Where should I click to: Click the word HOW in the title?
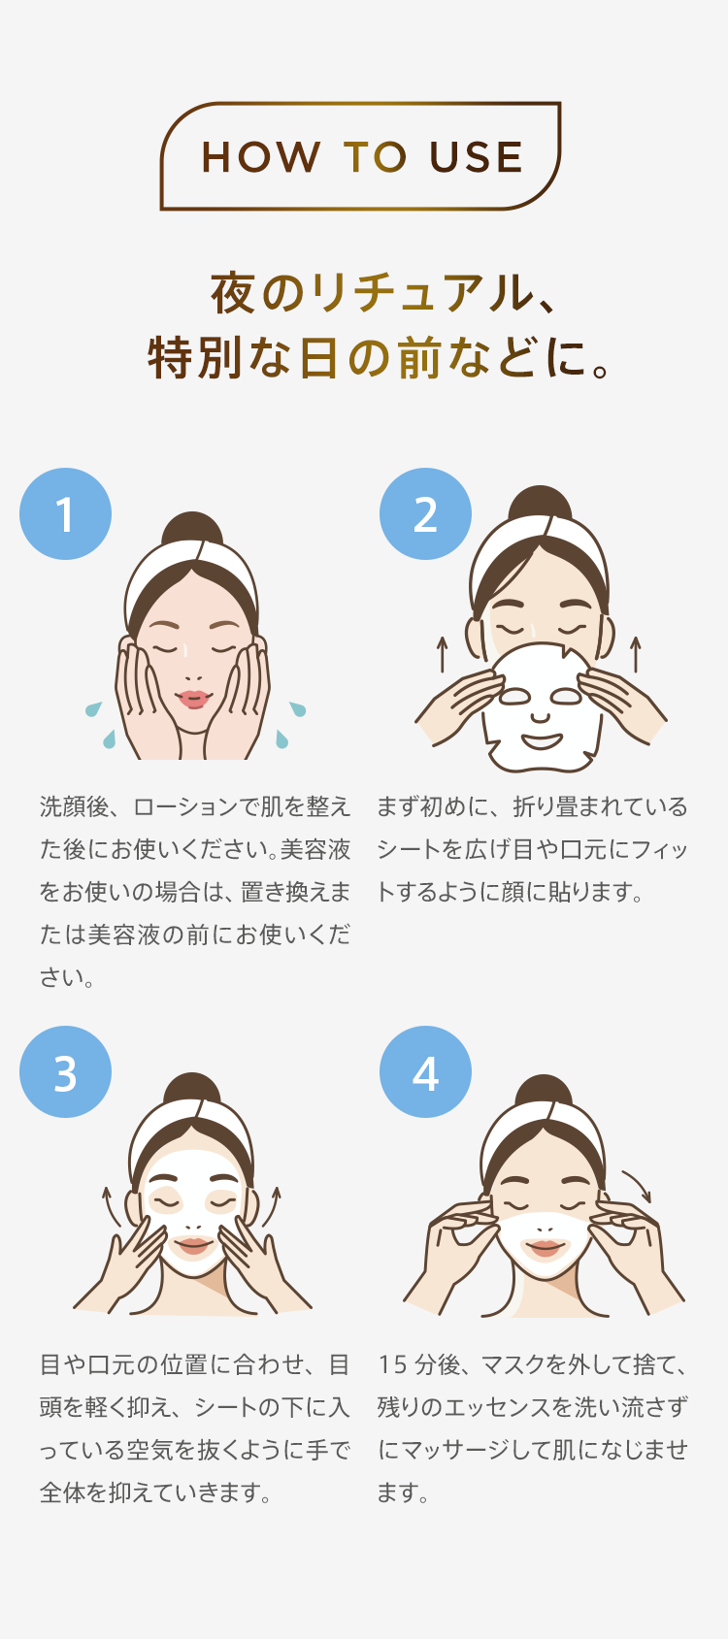[x=261, y=157]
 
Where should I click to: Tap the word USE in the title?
[x=476, y=157]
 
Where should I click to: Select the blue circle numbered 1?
[x=65, y=514]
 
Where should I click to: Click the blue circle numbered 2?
[x=425, y=514]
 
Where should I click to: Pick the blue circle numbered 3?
[x=65, y=1072]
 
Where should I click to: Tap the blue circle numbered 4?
[x=425, y=1072]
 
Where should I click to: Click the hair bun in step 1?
[x=192, y=527]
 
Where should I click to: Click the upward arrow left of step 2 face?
[x=442, y=654]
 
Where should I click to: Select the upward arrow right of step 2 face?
[x=636, y=654]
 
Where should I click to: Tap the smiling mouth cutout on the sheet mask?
[x=542, y=741]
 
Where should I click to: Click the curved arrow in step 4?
[x=638, y=1184]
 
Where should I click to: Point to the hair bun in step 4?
[x=544, y=1090]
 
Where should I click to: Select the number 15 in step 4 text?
[x=392, y=1364]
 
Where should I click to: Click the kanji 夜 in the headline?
[x=233, y=294]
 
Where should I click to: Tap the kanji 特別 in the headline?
[x=195, y=358]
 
